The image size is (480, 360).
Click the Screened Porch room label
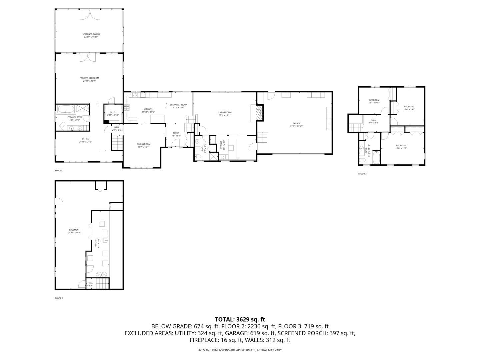(91, 34)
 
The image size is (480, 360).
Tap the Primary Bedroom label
(91, 78)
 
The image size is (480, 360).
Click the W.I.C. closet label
(113, 112)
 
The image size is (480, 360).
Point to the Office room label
(85, 139)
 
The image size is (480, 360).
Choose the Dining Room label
(143, 144)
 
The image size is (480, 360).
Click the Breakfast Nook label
(178, 105)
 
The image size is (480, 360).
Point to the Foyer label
(176, 133)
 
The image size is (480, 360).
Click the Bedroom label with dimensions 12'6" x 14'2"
(409, 107)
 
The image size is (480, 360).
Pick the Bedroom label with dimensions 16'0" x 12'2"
(401, 145)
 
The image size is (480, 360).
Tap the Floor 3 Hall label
(373, 120)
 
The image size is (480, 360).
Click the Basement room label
(74, 230)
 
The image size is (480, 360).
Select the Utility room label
(95, 241)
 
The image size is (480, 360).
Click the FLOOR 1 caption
(59, 298)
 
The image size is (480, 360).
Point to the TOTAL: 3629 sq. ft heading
(240, 319)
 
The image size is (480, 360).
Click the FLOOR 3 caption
(362, 174)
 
